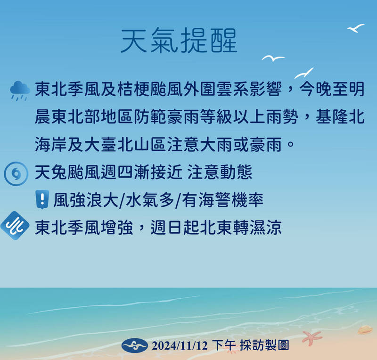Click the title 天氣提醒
coord(179,41)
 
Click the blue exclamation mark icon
coord(42,200)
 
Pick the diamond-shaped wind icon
coord(15,227)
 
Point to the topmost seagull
coord(356,28)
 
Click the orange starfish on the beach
coord(311,337)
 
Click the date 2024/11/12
coord(180,346)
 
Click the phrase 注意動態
coord(220,173)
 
